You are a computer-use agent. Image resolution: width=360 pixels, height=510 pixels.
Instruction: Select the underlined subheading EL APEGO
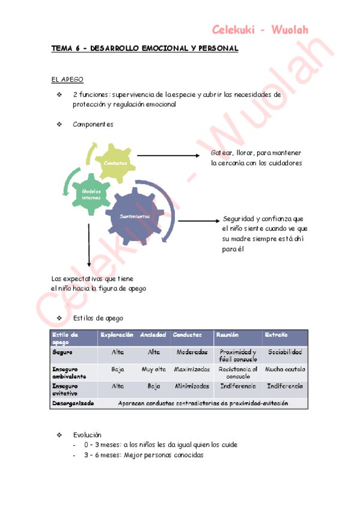pyautogui.click(x=67, y=79)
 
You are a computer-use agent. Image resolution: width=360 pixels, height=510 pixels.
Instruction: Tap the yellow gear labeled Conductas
pyautogui.click(x=115, y=163)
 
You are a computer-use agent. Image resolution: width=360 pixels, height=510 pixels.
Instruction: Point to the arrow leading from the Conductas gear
pyautogui.click(x=168, y=156)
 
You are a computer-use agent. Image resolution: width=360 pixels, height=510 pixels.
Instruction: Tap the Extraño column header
pyautogui.click(x=275, y=334)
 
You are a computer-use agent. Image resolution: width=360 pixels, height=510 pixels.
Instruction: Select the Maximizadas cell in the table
pyautogui.click(x=192, y=369)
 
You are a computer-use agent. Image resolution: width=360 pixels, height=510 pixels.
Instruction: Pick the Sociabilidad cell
pyautogui.click(x=285, y=352)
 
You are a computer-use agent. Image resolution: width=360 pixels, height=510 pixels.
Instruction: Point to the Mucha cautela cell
pyautogui.click(x=285, y=369)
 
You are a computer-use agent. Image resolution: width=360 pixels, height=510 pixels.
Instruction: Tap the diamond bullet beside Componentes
pyautogui.click(x=59, y=124)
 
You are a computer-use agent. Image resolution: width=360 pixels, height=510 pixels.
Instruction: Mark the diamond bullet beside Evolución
pyautogui.click(x=59, y=434)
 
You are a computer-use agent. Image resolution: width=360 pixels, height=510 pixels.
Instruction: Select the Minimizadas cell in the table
pyautogui.click(x=192, y=386)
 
